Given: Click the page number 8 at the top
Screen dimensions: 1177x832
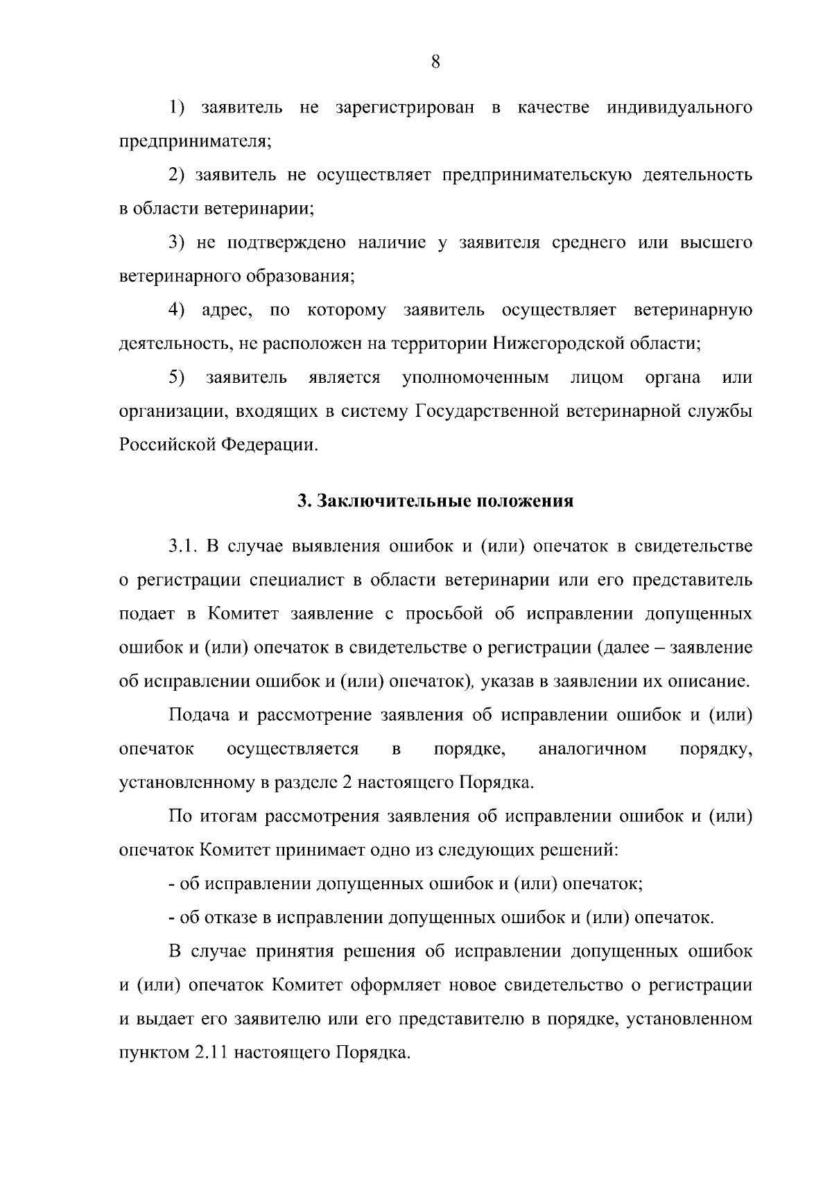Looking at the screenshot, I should pos(435,63).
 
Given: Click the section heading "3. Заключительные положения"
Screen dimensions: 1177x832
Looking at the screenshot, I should pos(435,501).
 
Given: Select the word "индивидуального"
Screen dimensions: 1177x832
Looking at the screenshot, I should pos(679,108).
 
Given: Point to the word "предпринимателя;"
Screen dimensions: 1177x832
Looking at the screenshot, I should pos(196,142).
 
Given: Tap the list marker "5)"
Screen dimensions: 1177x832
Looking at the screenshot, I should pos(176,377).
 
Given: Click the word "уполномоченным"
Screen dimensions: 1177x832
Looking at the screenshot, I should pos(476,377).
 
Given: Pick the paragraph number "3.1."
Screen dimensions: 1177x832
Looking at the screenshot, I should pos(184,547).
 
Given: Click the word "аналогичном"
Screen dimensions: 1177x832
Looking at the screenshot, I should pos(592,749).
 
